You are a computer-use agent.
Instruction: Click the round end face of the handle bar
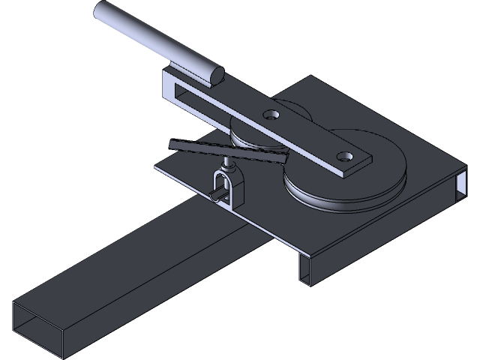[216, 73]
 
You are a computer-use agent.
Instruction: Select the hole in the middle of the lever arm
[271, 114]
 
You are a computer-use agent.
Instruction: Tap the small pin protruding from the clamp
[215, 197]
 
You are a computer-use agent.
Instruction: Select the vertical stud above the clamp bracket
[226, 163]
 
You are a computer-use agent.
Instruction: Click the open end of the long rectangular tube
[37, 329]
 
